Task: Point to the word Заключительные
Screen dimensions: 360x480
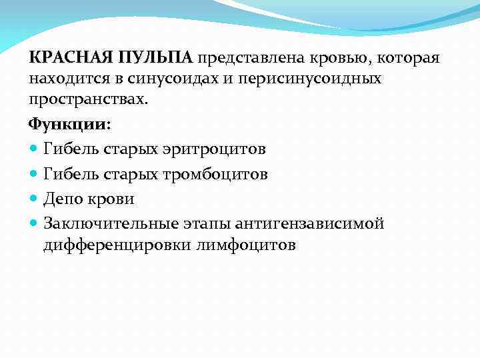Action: pyautogui.click(x=115, y=223)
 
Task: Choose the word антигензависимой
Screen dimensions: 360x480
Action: pyautogui.click(x=319, y=223)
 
